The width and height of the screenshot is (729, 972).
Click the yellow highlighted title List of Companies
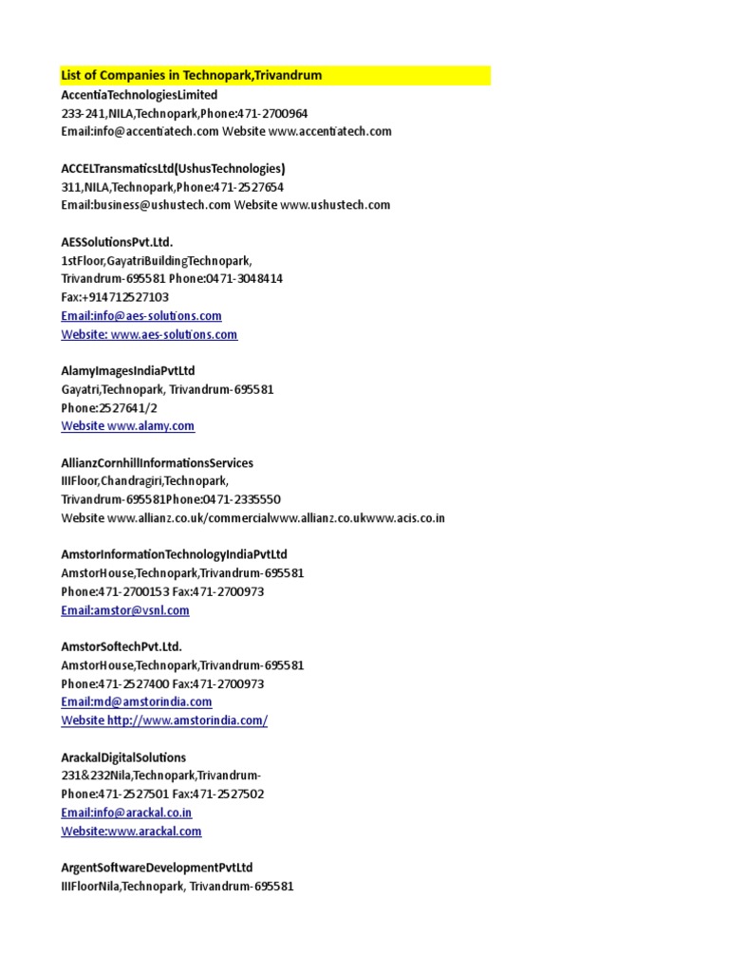pos(191,76)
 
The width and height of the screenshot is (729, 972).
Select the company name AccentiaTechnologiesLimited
pos(140,95)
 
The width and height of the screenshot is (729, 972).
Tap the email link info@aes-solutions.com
pos(141,316)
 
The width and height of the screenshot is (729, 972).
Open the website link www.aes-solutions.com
pos(149,334)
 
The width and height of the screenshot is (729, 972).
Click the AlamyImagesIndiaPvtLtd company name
pos(128,371)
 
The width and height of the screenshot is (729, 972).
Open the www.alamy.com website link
pos(128,426)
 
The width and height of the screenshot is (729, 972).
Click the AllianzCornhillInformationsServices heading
pos(158,463)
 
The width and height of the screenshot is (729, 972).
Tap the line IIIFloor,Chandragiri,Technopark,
pos(145,481)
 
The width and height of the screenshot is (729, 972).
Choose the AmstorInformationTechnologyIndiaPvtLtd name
pos(174,555)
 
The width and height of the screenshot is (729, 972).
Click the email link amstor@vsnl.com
pos(125,610)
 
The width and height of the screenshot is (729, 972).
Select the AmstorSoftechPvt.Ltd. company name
pos(121,647)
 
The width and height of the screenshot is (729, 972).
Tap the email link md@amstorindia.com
pos(137,702)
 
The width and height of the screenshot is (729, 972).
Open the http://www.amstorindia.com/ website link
pos(164,720)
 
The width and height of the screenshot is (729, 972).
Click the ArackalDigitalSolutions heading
pos(123,757)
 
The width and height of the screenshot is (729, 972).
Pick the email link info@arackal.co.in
pos(126,813)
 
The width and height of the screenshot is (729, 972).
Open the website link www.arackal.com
pos(131,832)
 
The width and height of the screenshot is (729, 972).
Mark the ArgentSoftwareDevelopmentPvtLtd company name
pos(158,868)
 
